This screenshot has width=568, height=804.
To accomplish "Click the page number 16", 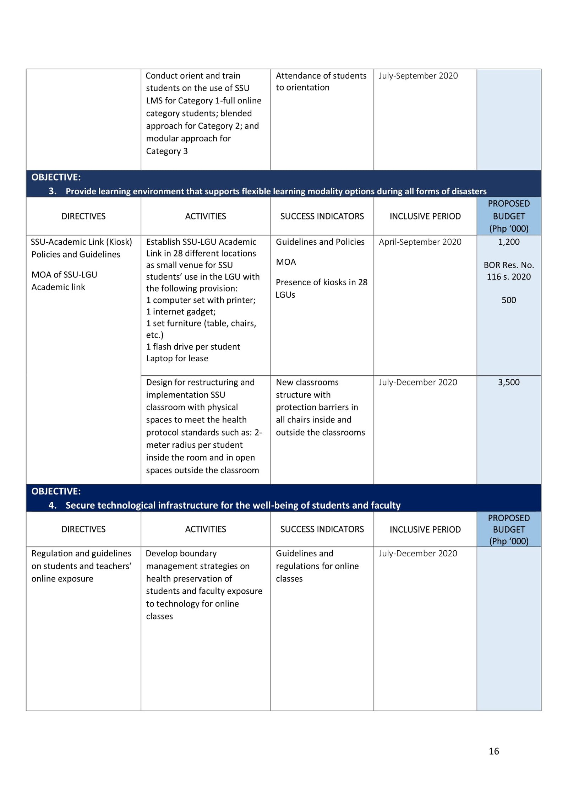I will click(x=493, y=751).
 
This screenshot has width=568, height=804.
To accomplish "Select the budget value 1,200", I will click(x=508, y=242).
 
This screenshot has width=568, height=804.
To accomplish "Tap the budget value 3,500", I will click(x=508, y=382).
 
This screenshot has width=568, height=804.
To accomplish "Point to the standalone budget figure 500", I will click(x=508, y=300).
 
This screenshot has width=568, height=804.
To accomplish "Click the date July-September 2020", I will click(x=418, y=76).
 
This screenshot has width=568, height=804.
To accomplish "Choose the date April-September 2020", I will click(x=420, y=242).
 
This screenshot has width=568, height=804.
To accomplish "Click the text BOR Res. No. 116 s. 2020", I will click(x=508, y=271).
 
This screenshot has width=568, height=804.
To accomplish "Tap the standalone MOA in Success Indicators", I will click(x=286, y=262).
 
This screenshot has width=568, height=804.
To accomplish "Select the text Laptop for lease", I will click(x=177, y=358).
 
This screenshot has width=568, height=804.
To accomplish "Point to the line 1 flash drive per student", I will click(x=193, y=347).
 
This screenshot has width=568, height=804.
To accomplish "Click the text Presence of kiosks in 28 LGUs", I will click(x=321, y=288).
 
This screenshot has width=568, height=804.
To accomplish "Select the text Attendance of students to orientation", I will click(x=321, y=81).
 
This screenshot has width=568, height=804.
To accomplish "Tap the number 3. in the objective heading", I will click(x=53, y=191).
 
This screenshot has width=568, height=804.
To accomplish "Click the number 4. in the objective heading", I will click(x=53, y=505).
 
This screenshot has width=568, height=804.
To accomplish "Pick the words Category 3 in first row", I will click(x=167, y=151).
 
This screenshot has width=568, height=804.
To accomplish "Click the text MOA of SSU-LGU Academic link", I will click(x=64, y=281).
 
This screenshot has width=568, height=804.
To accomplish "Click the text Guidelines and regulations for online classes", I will click(x=317, y=566).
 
